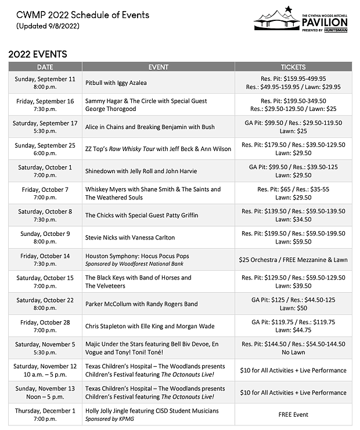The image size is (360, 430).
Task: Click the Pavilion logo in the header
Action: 301,19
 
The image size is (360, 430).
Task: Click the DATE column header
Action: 45,67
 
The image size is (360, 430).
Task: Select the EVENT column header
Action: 159,67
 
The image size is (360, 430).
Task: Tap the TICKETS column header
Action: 293,67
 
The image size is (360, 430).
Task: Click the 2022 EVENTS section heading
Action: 38,54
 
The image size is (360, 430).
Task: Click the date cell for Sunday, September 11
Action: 45,83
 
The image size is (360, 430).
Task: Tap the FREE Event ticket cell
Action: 293,415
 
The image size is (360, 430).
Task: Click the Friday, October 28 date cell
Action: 45,326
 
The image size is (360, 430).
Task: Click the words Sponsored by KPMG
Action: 109,418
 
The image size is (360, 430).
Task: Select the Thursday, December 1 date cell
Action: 45,414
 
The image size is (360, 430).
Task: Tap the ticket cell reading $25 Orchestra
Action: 293,260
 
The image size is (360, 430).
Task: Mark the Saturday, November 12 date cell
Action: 45,370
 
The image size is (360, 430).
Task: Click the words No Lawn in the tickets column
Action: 293,352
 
